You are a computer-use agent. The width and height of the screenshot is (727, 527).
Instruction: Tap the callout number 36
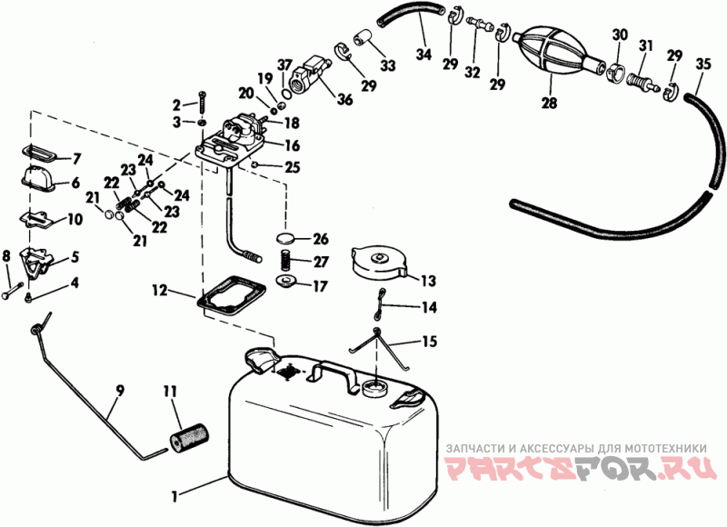(345, 99)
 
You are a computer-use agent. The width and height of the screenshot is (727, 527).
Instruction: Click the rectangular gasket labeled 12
(232, 297)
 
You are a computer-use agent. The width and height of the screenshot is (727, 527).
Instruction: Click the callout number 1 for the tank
(174, 497)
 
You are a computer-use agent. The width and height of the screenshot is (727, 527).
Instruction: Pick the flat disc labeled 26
(286, 239)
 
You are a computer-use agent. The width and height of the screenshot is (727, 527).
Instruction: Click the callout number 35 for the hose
(702, 64)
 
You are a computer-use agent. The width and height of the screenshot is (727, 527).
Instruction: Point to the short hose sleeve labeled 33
(362, 38)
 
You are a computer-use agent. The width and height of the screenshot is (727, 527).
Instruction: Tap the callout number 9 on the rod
(120, 391)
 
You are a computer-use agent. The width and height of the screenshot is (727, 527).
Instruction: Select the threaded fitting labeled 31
(642, 79)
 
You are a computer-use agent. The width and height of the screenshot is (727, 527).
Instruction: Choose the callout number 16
(292, 145)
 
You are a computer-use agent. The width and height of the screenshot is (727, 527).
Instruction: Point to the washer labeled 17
(286, 282)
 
